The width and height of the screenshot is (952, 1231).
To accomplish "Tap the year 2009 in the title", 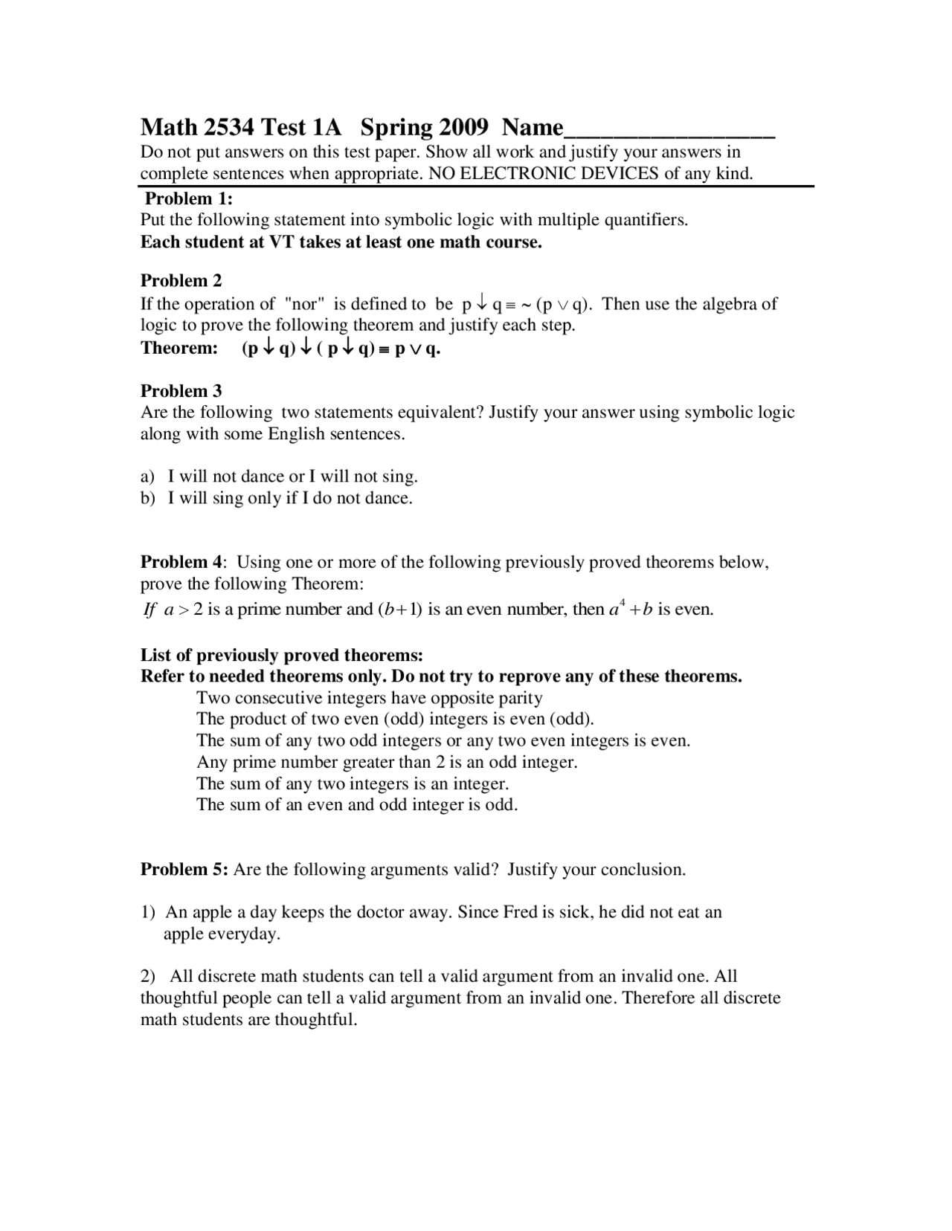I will tap(463, 128).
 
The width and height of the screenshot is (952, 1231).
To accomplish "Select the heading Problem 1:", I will tap(189, 198).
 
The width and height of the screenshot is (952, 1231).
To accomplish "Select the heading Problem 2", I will tap(181, 281).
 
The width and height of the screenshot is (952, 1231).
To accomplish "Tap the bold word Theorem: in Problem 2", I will tap(179, 348).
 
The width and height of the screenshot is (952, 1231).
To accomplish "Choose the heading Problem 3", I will tap(181, 391).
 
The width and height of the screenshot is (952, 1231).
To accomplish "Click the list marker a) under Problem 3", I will tap(148, 477).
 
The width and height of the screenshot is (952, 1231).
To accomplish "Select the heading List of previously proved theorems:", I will tap(282, 656).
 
